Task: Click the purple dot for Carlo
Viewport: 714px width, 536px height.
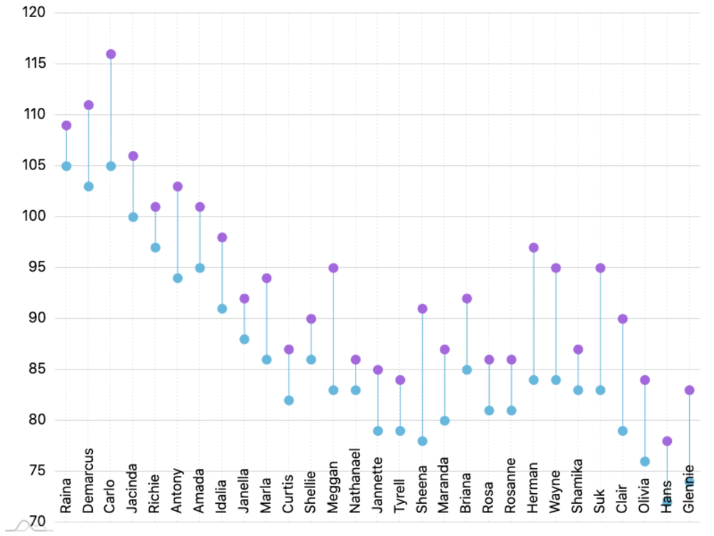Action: point(111,54)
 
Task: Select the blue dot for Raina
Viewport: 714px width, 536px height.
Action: point(66,166)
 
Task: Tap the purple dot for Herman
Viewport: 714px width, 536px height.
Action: point(533,248)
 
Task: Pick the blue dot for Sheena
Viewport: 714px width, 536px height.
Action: point(422,441)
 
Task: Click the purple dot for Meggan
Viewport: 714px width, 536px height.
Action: point(333,268)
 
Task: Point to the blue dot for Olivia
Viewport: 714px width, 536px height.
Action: point(645,462)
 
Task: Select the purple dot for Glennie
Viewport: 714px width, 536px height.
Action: point(689,390)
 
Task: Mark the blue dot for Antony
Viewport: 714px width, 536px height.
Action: point(178,278)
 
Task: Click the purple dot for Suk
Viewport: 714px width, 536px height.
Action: point(600,268)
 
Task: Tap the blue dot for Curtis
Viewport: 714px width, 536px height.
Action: point(289,400)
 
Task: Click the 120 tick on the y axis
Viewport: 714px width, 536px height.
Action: point(33,13)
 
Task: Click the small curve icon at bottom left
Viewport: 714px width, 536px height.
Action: point(23,527)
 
